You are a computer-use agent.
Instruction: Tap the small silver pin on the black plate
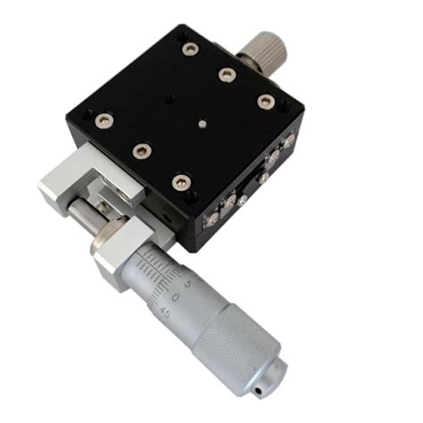tap(204, 125)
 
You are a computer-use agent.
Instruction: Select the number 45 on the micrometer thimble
tap(165, 311)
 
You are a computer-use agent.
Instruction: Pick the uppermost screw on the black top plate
tap(189, 48)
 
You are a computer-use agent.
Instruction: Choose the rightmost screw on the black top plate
tap(265, 101)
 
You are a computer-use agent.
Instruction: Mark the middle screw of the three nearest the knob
tap(227, 74)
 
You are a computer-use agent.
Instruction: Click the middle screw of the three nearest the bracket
tap(140, 151)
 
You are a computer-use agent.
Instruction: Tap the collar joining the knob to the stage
tap(241, 63)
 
